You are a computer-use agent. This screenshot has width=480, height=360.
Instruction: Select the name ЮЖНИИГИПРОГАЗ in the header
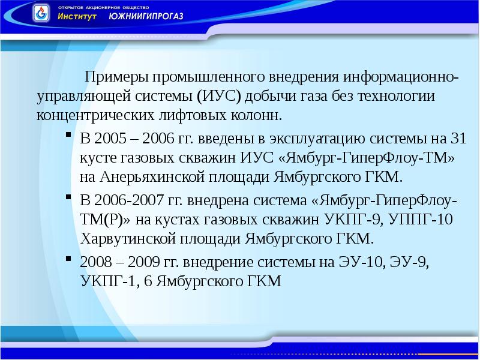(x=146, y=16)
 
